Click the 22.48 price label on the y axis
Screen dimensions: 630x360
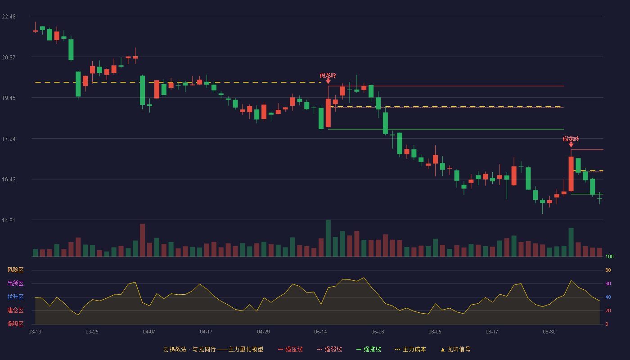[x=9, y=17]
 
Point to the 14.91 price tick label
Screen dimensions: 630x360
[x=9, y=220]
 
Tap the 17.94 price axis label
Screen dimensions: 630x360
[x=9, y=139]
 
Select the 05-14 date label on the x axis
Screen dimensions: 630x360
[x=320, y=332]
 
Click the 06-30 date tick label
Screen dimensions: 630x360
[x=549, y=332]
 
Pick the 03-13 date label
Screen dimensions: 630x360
[x=35, y=332]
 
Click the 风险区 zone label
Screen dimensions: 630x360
[x=15, y=270]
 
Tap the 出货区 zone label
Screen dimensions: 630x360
[x=15, y=283]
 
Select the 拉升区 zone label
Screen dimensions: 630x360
[x=15, y=297]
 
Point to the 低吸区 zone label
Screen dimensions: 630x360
[x=15, y=324]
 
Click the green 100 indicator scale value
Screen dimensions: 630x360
[x=609, y=256]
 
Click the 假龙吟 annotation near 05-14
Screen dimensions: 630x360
[x=328, y=76]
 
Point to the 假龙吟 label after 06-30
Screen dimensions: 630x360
[x=571, y=139]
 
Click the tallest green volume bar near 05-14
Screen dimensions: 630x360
[x=328, y=238]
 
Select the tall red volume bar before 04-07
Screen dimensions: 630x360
[x=143, y=240]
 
